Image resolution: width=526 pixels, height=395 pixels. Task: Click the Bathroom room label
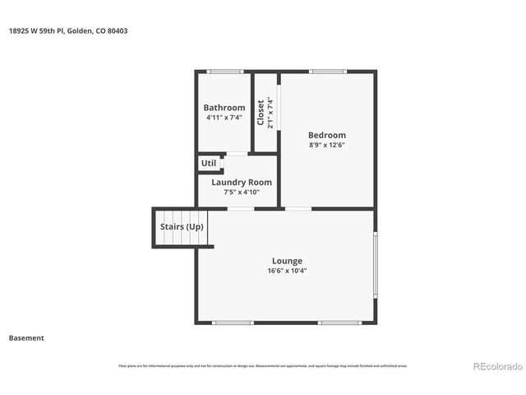click(224, 108)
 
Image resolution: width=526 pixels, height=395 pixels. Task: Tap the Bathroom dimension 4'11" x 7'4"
click(224, 118)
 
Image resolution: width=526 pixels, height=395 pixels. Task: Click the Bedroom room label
click(326, 135)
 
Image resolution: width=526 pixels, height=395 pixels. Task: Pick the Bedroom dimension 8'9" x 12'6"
click(326, 146)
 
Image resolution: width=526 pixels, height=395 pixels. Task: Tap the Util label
click(209, 163)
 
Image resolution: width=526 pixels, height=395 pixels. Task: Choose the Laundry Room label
click(241, 182)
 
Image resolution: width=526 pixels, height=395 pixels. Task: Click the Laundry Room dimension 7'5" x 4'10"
click(241, 192)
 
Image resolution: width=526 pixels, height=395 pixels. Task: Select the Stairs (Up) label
click(181, 226)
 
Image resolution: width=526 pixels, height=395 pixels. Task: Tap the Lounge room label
click(287, 261)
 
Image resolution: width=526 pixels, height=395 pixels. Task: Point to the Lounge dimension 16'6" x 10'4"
click(287, 271)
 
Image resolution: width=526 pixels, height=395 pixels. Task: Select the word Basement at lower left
click(26, 337)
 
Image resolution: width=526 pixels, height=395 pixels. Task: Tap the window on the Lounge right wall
click(375, 265)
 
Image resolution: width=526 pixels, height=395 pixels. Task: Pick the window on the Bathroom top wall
click(225, 72)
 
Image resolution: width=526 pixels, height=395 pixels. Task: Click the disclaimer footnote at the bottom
click(263, 365)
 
